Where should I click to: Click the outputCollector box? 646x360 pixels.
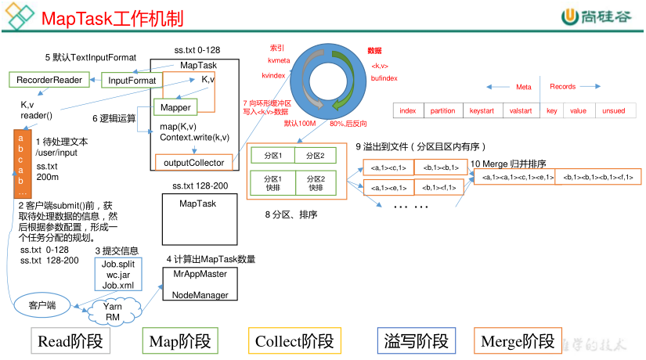194,163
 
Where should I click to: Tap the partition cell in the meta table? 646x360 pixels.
442,111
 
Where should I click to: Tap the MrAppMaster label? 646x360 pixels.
200,274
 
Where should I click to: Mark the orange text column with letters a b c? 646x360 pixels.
22,164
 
